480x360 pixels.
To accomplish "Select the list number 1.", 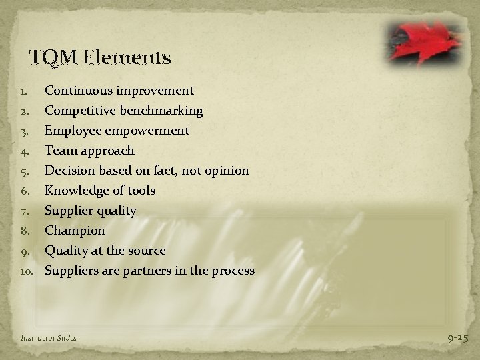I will coord(25,90).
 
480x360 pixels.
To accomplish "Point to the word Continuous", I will coord(77,90).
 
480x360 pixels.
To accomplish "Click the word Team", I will coord(59,150).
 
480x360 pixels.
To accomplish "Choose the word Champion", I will coord(75,230).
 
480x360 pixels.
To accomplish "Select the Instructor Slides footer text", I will coord(49,338).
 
